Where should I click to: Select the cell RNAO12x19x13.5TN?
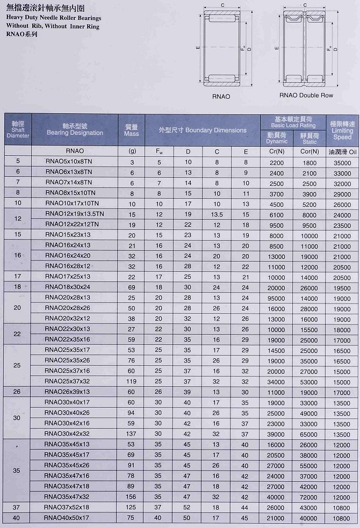coord(74,214)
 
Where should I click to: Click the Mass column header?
coord(132,130)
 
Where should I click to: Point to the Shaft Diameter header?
coord(18,130)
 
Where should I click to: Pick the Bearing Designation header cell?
coord(75,129)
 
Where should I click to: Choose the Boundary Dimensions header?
coord(203,130)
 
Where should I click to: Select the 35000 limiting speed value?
coord(342,162)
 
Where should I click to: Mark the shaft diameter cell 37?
coord(18,508)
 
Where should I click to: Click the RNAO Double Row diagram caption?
coord(306,96)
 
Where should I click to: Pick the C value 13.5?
coord(217,214)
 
